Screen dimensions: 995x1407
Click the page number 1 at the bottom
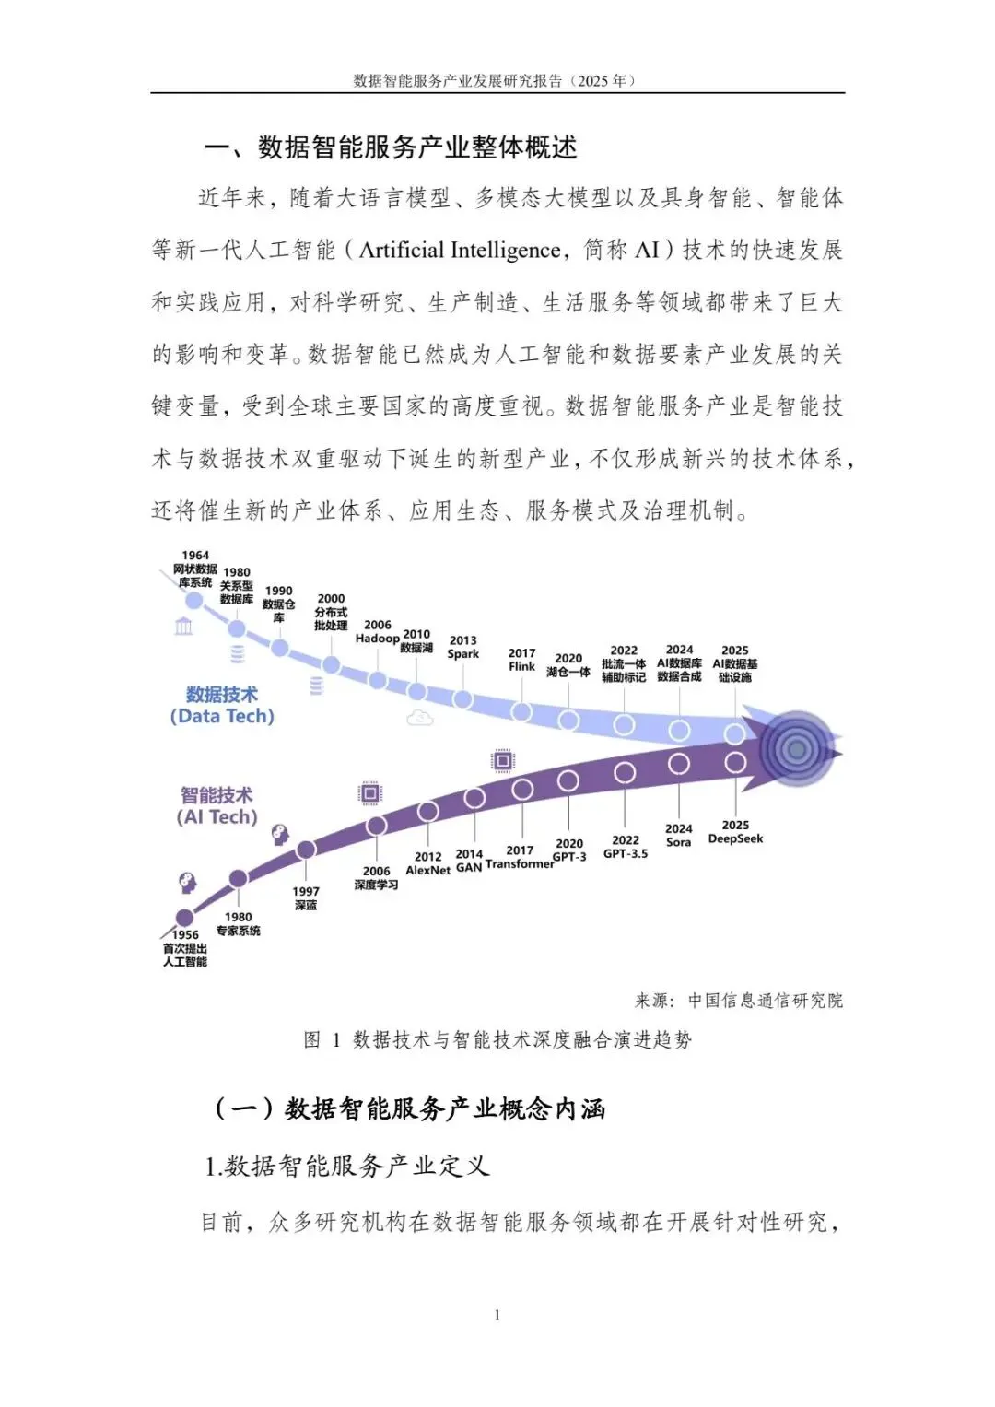[497, 1315]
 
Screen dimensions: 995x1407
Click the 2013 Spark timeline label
[462, 647]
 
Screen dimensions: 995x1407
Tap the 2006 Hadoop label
[378, 631]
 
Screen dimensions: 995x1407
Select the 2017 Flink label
[521, 660]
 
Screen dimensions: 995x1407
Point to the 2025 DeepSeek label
[735, 832]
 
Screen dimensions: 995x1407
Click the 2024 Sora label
[678, 836]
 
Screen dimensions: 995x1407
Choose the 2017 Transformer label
[520, 858]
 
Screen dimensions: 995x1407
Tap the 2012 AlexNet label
[428, 863]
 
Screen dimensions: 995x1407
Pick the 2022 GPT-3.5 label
[626, 847]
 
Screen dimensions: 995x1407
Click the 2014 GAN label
[469, 861]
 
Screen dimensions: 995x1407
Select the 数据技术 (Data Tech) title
[222, 706]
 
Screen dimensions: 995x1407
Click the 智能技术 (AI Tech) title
[217, 806]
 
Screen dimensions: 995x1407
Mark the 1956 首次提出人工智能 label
[185, 948]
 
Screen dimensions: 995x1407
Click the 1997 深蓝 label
[306, 898]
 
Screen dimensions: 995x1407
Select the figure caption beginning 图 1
[497, 1040]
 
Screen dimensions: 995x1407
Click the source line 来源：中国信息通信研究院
[738, 1001]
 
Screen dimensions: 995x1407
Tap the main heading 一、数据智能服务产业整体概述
[391, 147]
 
